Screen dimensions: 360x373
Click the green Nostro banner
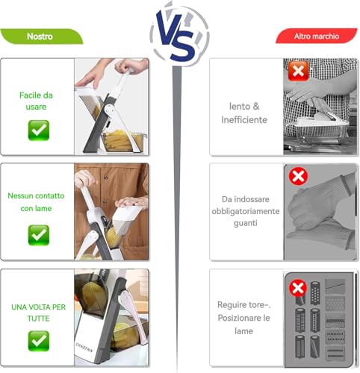pos(41,37)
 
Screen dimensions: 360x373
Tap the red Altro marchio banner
pos(317,37)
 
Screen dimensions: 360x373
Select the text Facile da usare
pos(36,101)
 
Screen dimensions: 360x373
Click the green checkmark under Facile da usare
pos(39,131)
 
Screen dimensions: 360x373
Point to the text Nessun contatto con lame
pos(36,202)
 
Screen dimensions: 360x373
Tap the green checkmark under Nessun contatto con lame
pos(39,235)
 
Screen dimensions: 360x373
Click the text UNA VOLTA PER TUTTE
pos(39,313)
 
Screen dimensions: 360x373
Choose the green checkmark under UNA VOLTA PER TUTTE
pos(39,341)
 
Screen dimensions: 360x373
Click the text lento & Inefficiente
pos(244,113)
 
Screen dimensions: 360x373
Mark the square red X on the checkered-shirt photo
pos(298,72)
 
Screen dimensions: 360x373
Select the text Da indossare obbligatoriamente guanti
pos(246,211)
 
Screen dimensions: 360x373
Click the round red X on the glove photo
pos(298,176)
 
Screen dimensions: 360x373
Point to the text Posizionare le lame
pos(243,325)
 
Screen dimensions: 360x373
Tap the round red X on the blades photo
pos(298,288)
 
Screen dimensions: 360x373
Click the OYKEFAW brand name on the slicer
pos(84,348)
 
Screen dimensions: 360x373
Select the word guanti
pos(246,223)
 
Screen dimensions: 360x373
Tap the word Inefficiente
pos(244,120)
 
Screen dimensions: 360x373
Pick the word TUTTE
pos(39,319)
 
